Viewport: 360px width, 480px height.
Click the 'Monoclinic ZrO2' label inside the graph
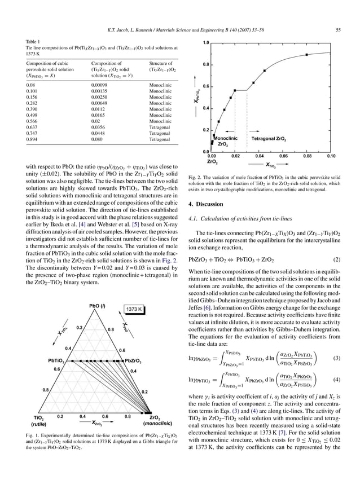[225, 141]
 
